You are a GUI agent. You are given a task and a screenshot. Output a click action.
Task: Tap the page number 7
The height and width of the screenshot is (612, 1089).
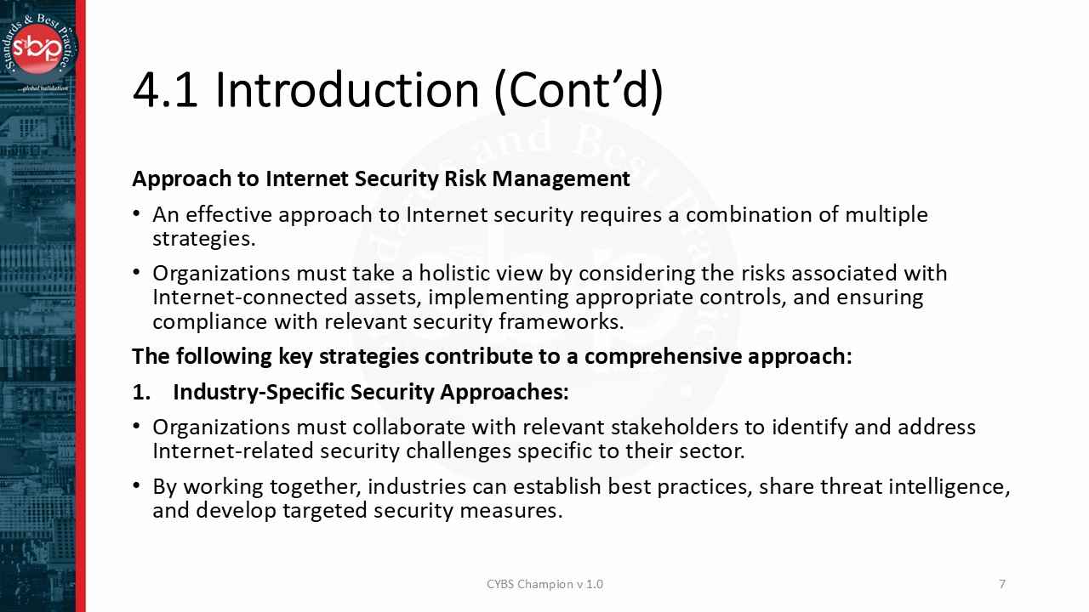point(1002,584)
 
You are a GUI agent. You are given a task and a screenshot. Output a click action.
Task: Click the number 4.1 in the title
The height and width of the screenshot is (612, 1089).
point(165,90)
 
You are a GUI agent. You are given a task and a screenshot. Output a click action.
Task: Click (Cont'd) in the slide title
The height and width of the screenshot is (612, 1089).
point(579,90)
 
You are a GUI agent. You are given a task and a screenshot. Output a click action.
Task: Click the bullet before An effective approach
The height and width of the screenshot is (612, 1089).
point(137,215)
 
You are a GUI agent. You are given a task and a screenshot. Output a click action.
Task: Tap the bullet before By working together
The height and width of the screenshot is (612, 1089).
point(137,487)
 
